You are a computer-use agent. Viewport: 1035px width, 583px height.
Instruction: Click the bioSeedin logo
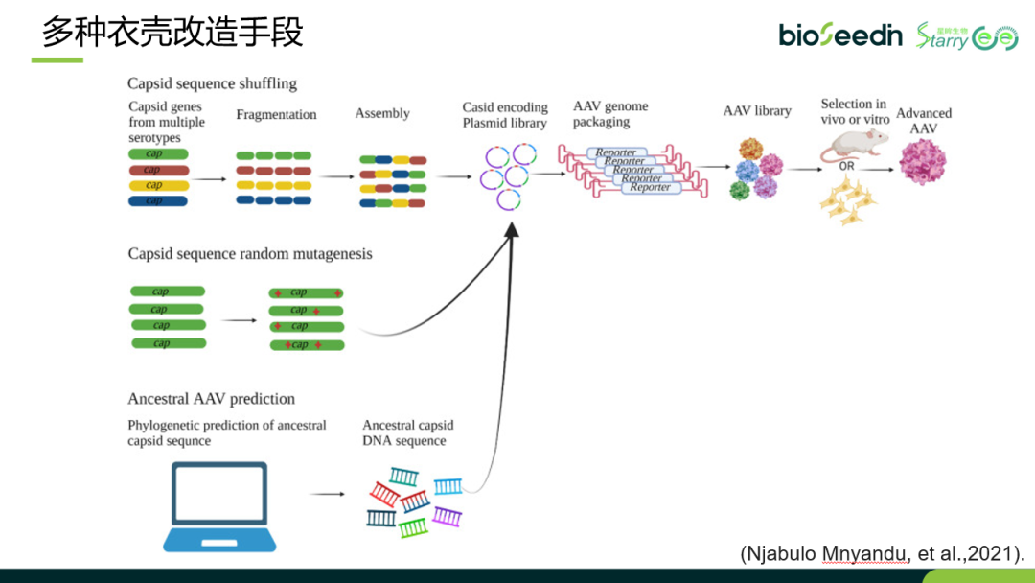pyautogui.click(x=839, y=35)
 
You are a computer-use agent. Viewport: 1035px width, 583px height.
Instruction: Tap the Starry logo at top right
pyautogui.click(x=966, y=36)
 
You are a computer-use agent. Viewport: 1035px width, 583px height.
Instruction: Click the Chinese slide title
pyautogui.click(x=172, y=33)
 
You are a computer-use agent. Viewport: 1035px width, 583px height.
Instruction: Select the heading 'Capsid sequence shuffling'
pyautogui.click(x=212, y=83)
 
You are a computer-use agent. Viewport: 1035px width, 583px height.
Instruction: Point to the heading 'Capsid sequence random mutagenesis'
pyautogui.click(x=250, y=254)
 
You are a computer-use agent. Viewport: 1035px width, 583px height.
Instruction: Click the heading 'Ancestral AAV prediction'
pyautogui.click(x=211, y=399)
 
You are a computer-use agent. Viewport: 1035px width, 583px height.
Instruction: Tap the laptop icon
pyautogui.click(x=218, y=505)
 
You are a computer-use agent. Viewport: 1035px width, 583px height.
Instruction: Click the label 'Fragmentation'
pyautogui.click(x=276, y=115)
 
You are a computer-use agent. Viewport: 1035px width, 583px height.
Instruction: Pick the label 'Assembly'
pyautogui.click(x=382, y=114)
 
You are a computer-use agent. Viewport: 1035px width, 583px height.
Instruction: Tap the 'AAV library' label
pyautogui.click(x=757, y=111)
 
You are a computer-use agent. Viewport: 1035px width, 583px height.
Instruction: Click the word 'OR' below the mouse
pyautogui.click(x=847, y=166)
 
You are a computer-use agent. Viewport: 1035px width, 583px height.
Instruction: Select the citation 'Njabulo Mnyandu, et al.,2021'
pyautogui.click(x=882, y=553)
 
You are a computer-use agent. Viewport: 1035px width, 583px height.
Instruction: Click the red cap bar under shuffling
pyautogui.click(x=158, y=170)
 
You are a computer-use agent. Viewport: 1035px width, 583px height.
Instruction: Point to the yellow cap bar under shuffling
pyautogui.click(x=158, y=185)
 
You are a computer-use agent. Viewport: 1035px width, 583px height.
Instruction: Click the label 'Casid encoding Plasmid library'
pyautogui.click(x=505, y=115)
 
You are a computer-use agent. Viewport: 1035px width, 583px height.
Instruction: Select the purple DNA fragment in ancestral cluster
pyautogui.click(x=447, y=516)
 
